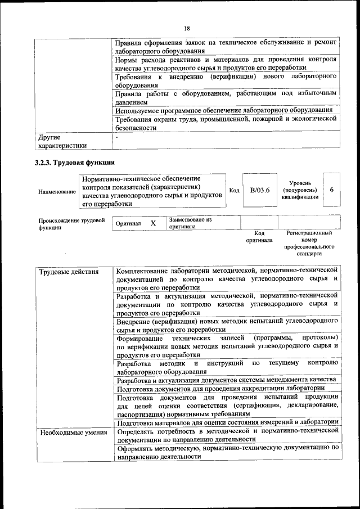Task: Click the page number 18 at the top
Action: tap(186, 29)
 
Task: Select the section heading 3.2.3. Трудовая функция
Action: tap(75, 163)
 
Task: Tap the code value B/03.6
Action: tap(260, 190)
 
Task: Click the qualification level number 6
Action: tap(332, 190)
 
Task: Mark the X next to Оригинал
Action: tap(153, 223)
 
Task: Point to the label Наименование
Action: tap(57, 191)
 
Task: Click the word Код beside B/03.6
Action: tap(235, 190)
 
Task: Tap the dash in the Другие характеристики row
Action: tap(116, 137)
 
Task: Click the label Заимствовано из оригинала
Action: tap(190, 223)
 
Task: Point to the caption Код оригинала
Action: tap(259, 236)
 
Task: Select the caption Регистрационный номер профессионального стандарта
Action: tap(309, 243)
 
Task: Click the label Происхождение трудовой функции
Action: tap(71, 224)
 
